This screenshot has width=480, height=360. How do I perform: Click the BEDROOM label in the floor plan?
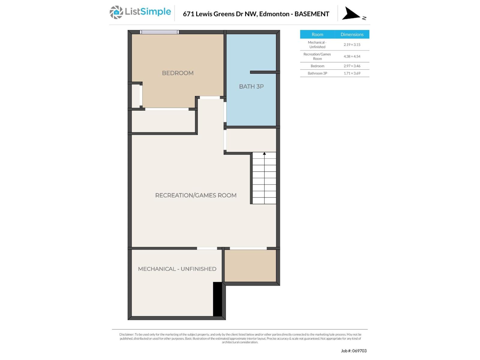[178, 73]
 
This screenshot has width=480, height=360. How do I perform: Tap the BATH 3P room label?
[251, 86]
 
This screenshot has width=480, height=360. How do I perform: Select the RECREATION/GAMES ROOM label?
[196, 195]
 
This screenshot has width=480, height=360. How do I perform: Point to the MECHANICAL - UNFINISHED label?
[177, 269]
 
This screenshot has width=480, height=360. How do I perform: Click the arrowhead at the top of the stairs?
[264, 154]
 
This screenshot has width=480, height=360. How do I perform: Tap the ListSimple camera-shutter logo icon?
[116, 12]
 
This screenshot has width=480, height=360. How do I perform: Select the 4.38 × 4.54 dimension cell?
[352, 56]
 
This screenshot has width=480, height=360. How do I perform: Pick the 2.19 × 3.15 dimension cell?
[352, 44]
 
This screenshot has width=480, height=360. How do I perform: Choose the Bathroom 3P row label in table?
[317, 73]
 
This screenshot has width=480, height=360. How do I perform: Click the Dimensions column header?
[352, 34]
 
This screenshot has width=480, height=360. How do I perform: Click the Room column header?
[317, 34]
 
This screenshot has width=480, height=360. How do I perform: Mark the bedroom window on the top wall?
[159, 32]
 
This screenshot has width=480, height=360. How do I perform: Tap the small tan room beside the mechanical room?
[250, 266]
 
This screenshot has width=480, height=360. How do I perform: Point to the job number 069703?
[359, 351]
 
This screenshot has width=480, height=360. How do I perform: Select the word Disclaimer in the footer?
[126, 334]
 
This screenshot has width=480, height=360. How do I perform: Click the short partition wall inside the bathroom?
[265, 72]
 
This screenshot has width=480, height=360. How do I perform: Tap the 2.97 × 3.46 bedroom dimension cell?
[352, 66]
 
